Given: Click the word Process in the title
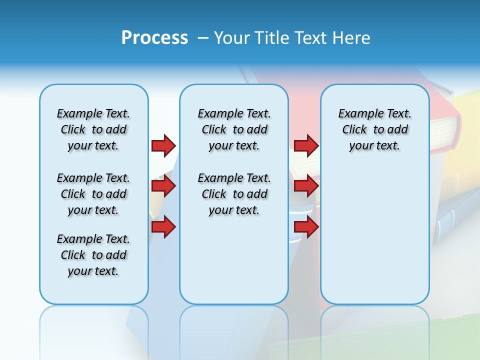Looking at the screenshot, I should [154, 37].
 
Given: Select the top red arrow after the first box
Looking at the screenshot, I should [163, 145].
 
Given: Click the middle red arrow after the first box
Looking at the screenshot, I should [163, 186].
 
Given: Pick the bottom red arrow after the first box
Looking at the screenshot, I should [163, 226].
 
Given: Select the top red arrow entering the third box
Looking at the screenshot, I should [306, 145].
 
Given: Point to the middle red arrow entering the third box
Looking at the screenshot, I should [306, 186].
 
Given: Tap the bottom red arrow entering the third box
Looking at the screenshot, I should [306, 226].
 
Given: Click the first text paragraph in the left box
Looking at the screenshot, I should [93, 129].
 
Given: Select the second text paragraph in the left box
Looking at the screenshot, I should [93, 194].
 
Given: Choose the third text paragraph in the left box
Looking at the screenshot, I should [93, 255].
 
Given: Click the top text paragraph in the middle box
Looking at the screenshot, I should [234, 129].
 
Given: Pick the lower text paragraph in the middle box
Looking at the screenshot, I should [234, 194].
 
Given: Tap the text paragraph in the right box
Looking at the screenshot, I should [374, 129].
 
